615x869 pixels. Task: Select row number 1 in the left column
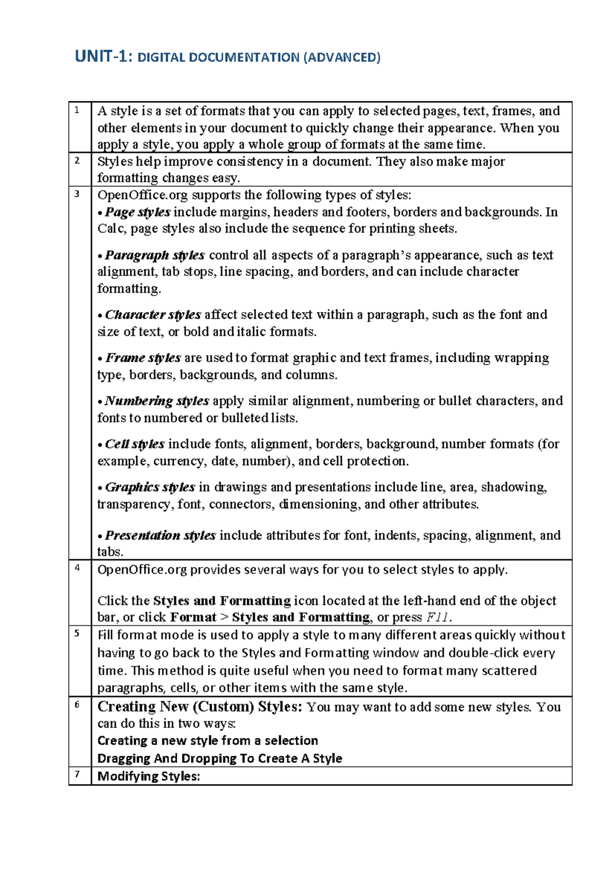(x=77, y=110)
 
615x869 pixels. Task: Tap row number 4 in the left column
(x=77, y=568)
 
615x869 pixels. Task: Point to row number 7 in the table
(x=77, y=774)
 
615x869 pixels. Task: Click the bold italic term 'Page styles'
(x=137, y=212)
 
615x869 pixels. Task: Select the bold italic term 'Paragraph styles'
(x=155, y=255)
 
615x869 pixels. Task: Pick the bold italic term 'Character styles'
(x=153, y=315)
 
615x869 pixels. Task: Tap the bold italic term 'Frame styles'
(x=143, y=358)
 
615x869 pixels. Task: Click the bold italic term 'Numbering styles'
(x=157, y=401)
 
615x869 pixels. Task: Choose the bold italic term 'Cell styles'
(x=135, y=444)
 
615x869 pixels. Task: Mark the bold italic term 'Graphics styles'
(x=150, y=487)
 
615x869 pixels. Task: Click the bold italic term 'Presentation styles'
(x=160, y=535)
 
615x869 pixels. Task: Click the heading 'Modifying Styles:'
(x=149, y=776)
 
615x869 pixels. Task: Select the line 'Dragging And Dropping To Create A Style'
(x=219, y=758)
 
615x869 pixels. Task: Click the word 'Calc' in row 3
(x=111, y=229)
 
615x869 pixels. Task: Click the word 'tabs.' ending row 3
(x=110, y=552)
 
